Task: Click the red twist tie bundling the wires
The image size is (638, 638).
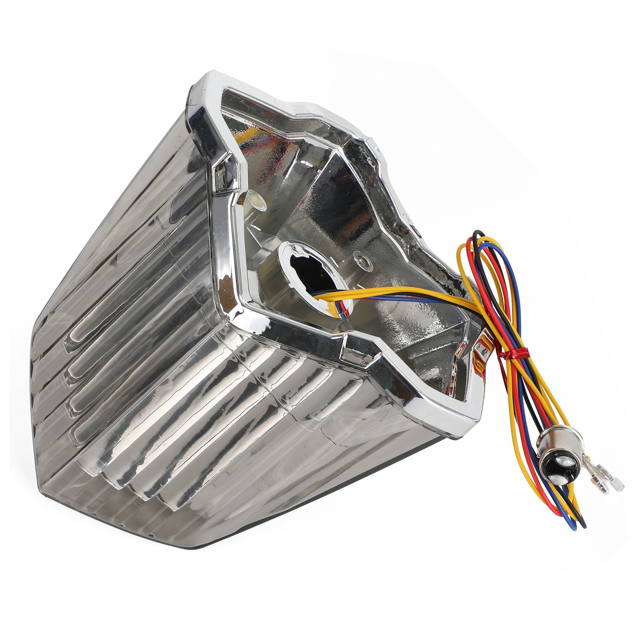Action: (515, 353)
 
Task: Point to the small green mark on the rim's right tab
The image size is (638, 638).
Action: (484, 351)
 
